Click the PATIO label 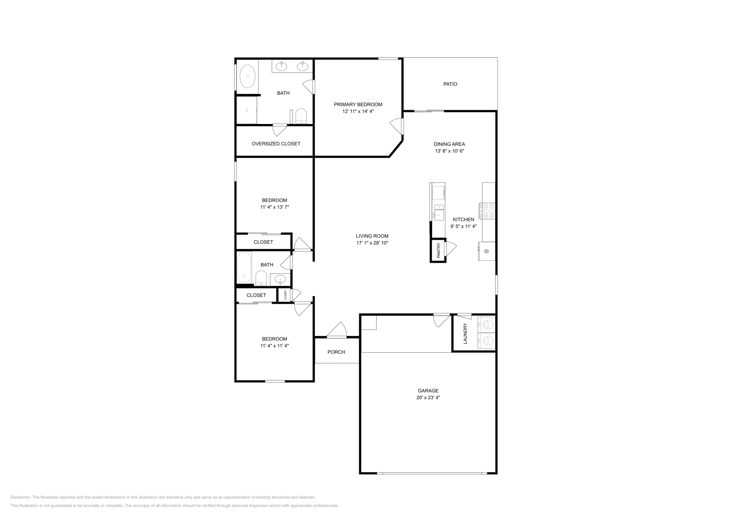click(450, 84)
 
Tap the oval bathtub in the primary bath click(247, 76)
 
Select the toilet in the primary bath click(301, 115)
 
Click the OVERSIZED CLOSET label click(276, 144)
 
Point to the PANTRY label click(438, 251)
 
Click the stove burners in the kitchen click(487, 210)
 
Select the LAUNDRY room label click(465, 334)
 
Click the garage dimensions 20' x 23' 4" click(428, 398)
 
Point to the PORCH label click(336, 352)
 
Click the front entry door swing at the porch click(338, 331)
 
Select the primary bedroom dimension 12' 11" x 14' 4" click(358, 111)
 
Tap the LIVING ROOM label click(372, 236)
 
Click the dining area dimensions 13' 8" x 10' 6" click(449, 151)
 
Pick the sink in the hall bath click(279, 279)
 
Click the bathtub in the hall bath click(244, 268)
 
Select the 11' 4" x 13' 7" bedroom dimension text click(274, 207)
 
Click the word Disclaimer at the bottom click(20, 497)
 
